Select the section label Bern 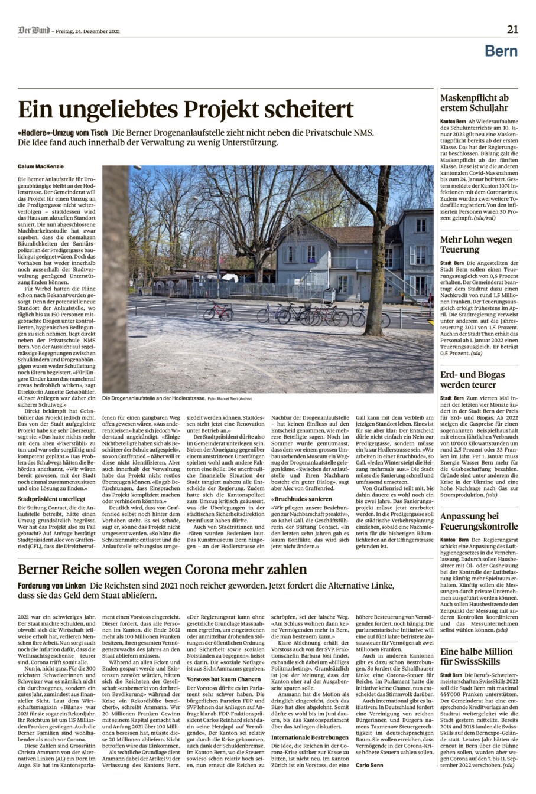click(x=501, y=51)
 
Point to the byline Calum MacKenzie click(x=41, y=166)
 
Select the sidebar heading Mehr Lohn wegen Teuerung click(x=476, y=244)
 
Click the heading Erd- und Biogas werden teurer click(x=472, y=380)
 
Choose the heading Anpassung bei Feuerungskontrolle click(x=479, y=521)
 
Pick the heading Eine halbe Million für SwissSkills click(x=477, y=656)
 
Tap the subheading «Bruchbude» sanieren click(x=301, y=499)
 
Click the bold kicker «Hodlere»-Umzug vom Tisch click(x=63, y=133)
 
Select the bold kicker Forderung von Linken click(x=51, y=586)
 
